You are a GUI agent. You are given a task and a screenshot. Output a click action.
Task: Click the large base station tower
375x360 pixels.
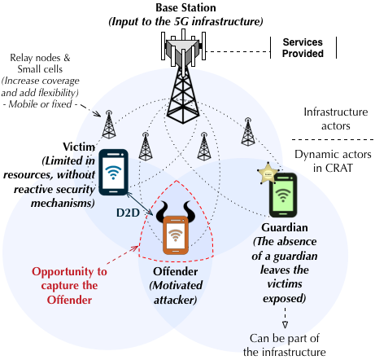(183, 79)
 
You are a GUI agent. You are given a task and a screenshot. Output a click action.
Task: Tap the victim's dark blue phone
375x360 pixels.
(113, 172)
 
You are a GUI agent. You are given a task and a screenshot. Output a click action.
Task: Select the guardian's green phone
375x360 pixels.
(283, 195)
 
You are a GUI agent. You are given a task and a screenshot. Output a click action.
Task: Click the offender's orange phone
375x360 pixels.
(176, 235)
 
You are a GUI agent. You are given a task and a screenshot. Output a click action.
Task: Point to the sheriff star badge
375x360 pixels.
(268, 173)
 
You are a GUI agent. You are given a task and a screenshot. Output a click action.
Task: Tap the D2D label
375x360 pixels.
(128, 213)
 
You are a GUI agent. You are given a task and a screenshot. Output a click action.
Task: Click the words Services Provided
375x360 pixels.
(303, 48)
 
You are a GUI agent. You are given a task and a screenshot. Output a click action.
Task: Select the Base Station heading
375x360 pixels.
(185, 7)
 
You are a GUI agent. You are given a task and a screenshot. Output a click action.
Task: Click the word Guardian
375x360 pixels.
(285, 227)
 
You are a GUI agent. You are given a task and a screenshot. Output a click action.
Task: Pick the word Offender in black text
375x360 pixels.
(176, 271)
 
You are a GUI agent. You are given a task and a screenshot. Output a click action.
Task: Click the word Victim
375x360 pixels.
(79, 147)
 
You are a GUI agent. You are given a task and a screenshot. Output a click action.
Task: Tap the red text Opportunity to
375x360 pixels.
(69, 271)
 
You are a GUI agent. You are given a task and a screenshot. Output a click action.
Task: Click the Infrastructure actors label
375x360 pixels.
(336, 119)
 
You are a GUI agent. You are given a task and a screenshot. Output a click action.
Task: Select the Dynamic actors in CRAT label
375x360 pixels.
(333, 161)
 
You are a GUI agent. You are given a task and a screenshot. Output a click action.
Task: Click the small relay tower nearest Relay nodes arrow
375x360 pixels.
(109, 125)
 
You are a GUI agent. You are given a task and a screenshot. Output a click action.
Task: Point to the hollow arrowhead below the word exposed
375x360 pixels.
(285, 325)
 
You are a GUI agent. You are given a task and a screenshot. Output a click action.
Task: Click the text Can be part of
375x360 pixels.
(285, 338)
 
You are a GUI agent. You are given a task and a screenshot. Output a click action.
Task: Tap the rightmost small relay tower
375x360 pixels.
(247, 132)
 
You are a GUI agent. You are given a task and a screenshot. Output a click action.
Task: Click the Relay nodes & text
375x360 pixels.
(40, 58)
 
